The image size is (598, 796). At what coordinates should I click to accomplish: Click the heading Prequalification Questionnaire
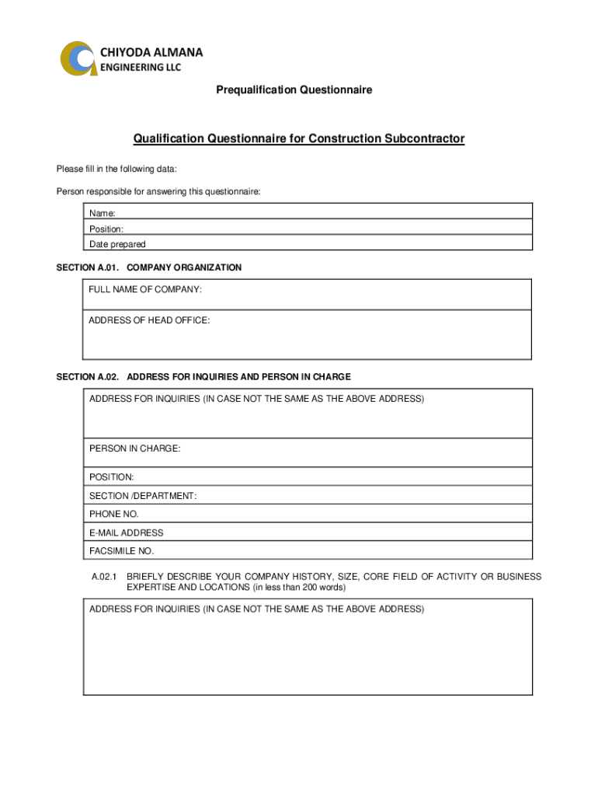[294, 90]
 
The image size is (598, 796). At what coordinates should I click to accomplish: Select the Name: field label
[103, 213]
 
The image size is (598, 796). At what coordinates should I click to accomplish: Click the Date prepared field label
[117, 244]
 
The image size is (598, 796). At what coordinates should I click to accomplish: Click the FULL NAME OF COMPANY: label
[145, 290]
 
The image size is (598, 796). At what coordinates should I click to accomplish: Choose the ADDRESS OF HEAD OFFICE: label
[149, 320]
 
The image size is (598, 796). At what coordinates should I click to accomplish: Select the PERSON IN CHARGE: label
[135, 449]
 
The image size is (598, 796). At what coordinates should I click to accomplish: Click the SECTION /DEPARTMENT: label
[143, 496]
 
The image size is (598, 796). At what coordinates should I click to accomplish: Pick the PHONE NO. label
[114, 514]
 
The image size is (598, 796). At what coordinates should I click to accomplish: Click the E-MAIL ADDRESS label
[127, 533]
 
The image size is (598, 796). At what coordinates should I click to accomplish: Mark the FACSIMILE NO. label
[122, 551]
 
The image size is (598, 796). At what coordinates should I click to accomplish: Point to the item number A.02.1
[103, 578]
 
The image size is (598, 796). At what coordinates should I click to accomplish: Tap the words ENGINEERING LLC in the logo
[141, 68]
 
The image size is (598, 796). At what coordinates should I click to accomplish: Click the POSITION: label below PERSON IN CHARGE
[112, 477]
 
